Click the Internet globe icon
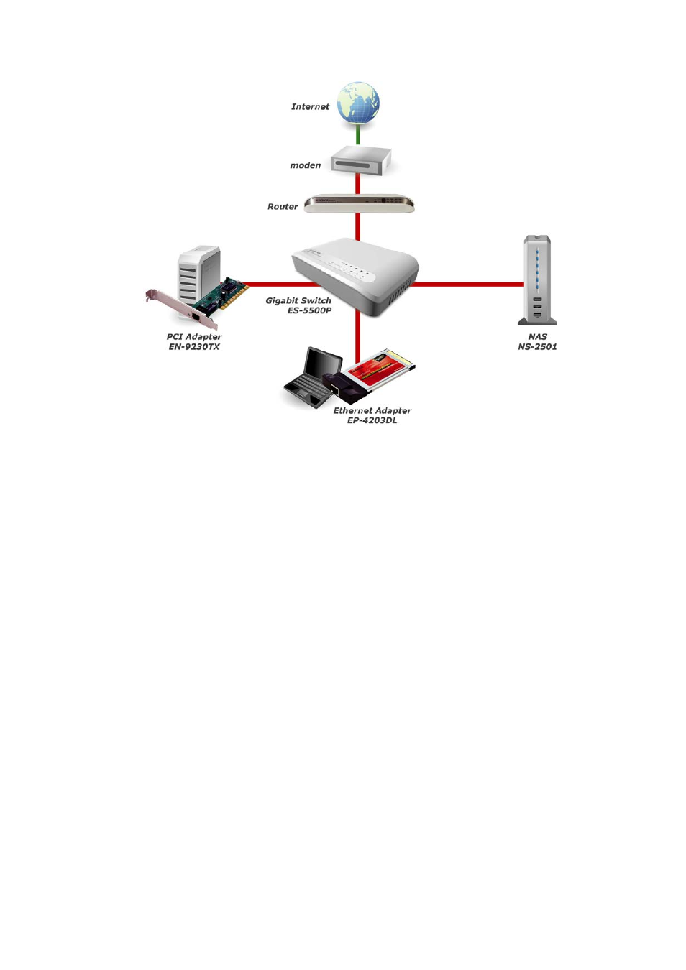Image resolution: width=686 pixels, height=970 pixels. pos(358,103)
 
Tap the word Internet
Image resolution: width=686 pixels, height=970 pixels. pos(310,107)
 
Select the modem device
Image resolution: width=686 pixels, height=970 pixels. pos(361,160)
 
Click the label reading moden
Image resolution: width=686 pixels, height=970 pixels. pos(305,166)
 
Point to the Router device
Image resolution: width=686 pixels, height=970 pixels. pos(359,204)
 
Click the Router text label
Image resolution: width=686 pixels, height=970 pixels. pos(283,207)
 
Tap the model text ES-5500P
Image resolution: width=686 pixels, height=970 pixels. pos(309,311)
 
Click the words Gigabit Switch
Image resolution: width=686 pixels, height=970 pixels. pos(298,301)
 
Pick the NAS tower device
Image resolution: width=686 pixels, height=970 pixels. pos(537,280)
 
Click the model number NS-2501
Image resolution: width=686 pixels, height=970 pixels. pos(537,347)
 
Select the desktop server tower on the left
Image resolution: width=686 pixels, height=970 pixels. pos(198,273)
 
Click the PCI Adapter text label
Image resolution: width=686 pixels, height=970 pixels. pos(194,337)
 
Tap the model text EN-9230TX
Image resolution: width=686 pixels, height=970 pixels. pos(194,347)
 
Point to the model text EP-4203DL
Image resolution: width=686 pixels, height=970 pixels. pos(372,421)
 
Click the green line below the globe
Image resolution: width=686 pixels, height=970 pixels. pos(358,135)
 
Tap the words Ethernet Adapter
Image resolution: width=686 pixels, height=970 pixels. pos(372,411)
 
